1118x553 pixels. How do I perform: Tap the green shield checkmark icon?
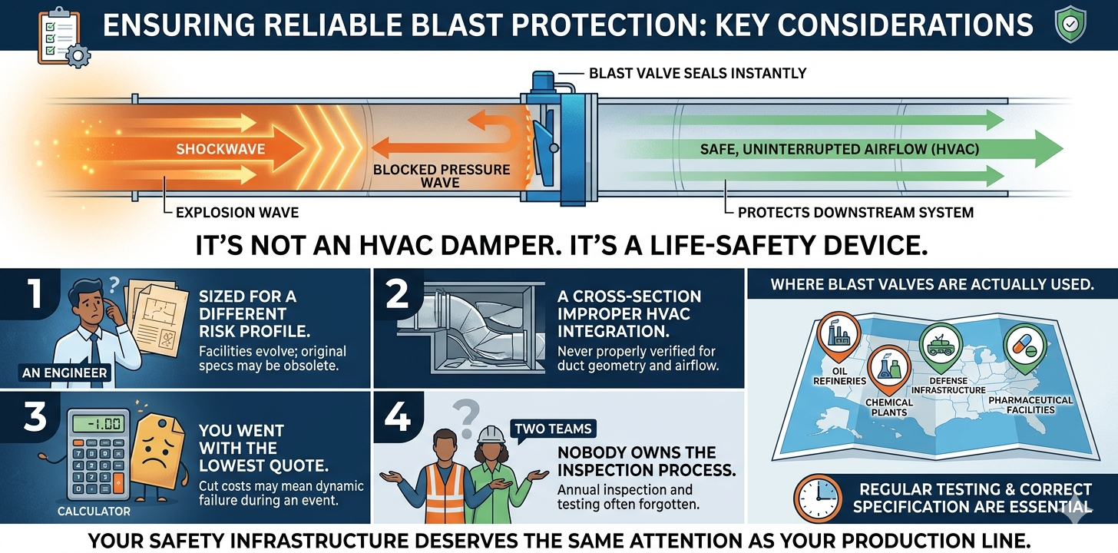pos(1070,25)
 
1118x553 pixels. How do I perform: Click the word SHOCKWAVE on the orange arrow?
pos(220,149)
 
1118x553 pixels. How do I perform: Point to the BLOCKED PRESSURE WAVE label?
pos(442,176)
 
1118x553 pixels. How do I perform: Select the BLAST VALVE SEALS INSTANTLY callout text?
pos(698,74)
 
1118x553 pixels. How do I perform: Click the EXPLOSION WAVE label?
pos(237,213)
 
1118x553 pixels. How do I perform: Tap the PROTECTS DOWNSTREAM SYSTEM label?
pos(855,213)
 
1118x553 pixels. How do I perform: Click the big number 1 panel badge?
pos(34,293)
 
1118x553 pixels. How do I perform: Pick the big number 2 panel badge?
pos(397,293)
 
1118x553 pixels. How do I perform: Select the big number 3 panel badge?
pos(35,417)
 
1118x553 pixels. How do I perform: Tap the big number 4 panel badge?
pos(397,417)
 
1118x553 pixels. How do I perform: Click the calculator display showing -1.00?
pos(98,424)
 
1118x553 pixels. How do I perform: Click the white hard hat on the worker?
pos(491,435)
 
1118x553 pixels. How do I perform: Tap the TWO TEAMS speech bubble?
pos(553,429)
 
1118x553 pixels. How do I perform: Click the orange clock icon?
pos(818,498)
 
